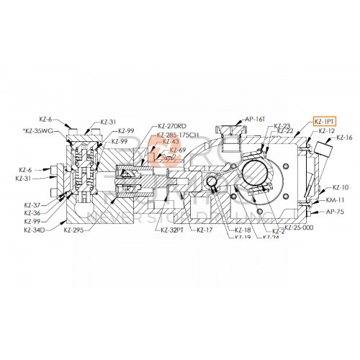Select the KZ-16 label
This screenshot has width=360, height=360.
(344, 137)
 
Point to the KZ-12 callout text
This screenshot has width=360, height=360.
(327, 131)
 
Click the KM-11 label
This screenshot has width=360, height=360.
(336, 199)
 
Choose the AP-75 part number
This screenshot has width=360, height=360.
(336, 212)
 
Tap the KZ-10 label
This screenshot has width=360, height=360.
(340, 187)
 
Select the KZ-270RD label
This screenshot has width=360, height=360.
(171, 126)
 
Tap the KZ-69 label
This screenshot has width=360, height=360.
(178, 150)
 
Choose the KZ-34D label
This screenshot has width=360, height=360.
(34, 230)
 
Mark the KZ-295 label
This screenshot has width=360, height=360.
(74, 230)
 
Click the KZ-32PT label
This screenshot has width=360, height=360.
(173, 230)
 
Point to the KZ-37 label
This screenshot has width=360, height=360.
(31, 205)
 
